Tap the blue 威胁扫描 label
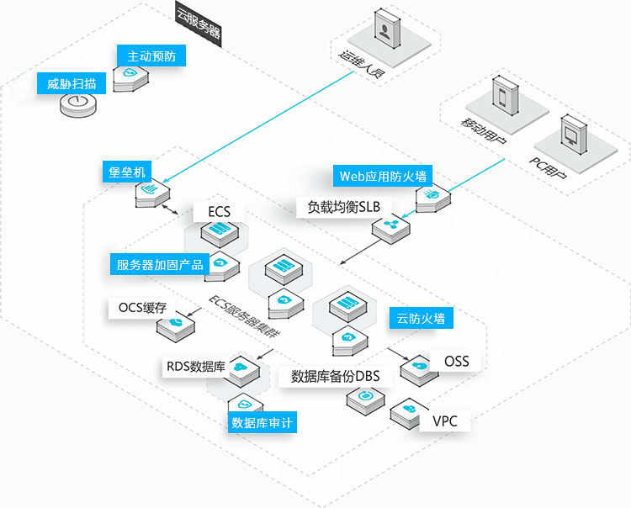72,84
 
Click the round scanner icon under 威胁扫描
78,105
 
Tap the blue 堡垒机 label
126,172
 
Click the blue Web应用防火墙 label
383,176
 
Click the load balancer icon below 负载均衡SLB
390,226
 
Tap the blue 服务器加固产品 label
160,264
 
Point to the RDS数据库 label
195,367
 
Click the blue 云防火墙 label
420,318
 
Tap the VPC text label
444,421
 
